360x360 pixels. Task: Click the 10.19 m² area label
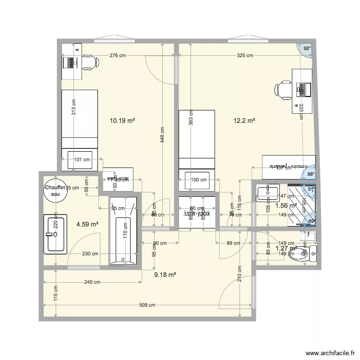tap(122, 121)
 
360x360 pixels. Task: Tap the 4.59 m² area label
tap(87, 224)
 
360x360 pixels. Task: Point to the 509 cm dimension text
tap(147, 305)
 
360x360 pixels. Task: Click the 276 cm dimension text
tap(118, 56)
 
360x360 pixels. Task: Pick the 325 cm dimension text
tap(244, 56)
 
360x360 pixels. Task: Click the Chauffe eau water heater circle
tap(53, 192)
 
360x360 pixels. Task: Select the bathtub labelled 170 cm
tap(124, 230)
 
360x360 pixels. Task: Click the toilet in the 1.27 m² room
tap(303, 252)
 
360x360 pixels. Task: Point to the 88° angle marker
tap(310, 174)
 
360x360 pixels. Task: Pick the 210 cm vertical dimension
tap(240, 276)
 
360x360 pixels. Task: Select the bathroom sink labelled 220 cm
tap(56, 234)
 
